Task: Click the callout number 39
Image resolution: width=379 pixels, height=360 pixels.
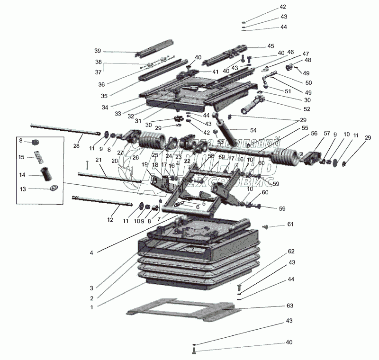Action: [x=98, y=51]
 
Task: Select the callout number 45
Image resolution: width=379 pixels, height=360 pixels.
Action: [x=271, y=46]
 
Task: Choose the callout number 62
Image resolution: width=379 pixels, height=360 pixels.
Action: [x=291, y=251]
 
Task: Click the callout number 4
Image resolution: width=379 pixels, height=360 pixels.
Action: [x=91, y=253]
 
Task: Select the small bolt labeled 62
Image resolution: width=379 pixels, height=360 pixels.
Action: [x=239, y=286]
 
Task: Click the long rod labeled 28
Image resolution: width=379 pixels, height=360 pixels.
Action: [x=62, y=129]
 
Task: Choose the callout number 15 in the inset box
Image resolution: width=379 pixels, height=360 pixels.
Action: [x=21, y=157]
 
